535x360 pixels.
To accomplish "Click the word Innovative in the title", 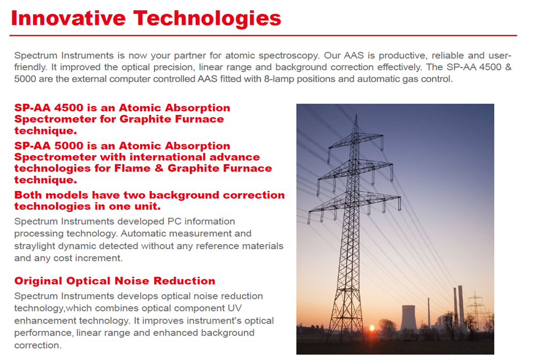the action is click(x=68, y=18).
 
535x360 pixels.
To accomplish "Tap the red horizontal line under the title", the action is click(x=263, y=35).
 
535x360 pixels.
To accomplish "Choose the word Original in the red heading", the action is click(x=38, y=281).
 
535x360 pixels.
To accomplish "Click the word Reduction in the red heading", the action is click(x=185, y=281).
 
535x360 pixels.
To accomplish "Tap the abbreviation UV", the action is click(x=234, y=308).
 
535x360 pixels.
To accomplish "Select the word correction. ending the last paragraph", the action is click(x=38, y=346).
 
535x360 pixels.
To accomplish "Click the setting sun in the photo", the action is click(x=372, y=328).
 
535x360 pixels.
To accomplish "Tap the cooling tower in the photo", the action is click(x=408, y=317).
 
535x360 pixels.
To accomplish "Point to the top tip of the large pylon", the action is click(x=356, y=116).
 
